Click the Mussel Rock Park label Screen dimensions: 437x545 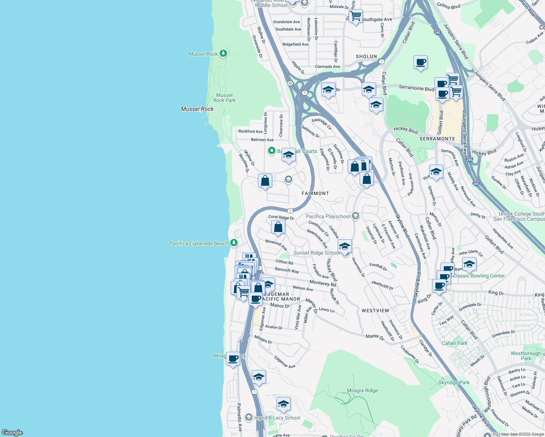tap(224, 98)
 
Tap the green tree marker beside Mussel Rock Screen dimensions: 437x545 tap(223, 54)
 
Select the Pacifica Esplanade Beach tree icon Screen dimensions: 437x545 tap(234, 243)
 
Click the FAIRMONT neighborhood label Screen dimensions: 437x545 tap(315, 193)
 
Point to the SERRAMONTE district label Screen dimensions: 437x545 tap(437, 139)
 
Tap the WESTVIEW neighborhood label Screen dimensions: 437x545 tap(375, 311)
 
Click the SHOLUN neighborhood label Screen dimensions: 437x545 tap(366, 56)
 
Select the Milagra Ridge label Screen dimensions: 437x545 tap(362, 390)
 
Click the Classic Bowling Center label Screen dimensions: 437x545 tap(479, 276)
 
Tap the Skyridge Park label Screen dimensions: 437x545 tap(454, 382)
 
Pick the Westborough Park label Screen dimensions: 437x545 tap(526, 356)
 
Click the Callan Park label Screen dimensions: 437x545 tap(454, 343)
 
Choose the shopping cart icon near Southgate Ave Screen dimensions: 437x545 tap(355, 16)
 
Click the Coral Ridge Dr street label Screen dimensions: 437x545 tap(281, 217)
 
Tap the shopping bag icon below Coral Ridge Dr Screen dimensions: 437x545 tap(278, 227)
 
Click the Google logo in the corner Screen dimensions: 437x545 tap(12, 432)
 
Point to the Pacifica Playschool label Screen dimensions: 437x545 tap(328, 216)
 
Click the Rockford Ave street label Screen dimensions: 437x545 tap(250, 131)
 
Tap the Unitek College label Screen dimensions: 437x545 tap(521, 216)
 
